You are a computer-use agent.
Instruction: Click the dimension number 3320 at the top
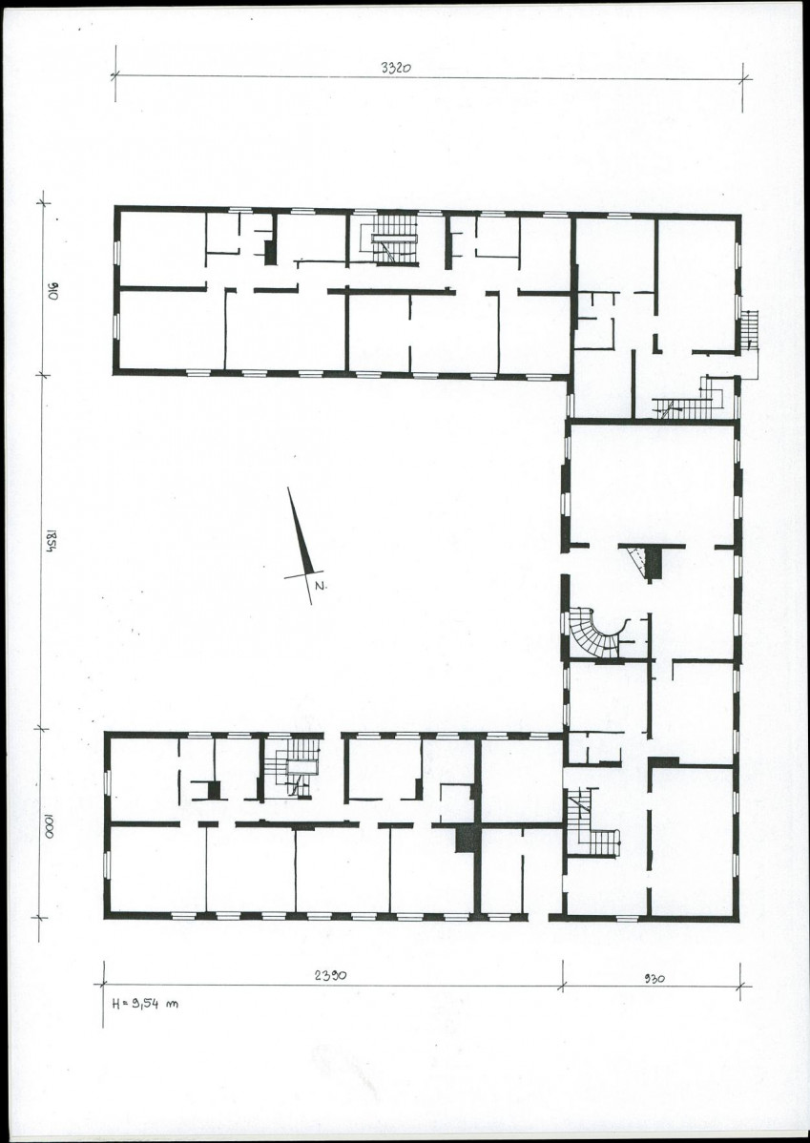397,68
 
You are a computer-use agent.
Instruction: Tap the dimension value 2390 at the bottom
330,975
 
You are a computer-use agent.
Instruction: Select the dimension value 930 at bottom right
654,979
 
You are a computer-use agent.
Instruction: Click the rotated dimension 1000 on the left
51,825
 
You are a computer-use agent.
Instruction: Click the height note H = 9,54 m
145,1003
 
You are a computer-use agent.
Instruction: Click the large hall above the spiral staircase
651,484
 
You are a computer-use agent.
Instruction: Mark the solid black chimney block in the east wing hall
654,562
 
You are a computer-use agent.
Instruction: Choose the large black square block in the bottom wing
467,839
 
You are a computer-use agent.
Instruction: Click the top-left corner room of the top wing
162,249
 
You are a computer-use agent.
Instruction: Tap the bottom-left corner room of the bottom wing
157,868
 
